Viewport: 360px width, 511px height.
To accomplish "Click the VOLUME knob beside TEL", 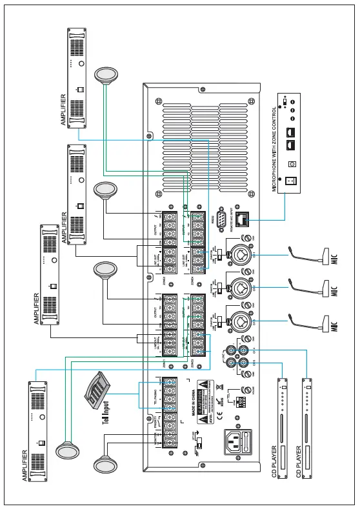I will pos(246,389).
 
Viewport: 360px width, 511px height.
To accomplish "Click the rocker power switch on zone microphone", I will pos(290,181).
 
